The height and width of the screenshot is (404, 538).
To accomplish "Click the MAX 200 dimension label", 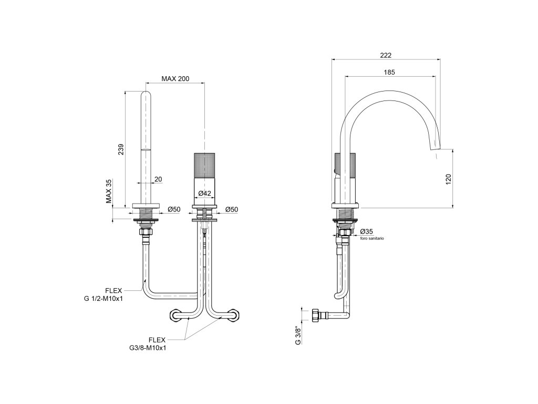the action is (x=175, y=78).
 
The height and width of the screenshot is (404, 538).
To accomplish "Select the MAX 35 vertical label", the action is (x=109, y=191).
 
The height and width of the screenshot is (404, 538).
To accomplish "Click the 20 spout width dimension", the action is (x=158, y=179).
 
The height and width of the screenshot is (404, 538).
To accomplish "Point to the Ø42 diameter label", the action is (x=204, y=194).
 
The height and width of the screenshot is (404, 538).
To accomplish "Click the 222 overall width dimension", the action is (x=386, y=55).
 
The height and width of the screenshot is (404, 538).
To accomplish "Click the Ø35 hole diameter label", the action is (x=367, y=231).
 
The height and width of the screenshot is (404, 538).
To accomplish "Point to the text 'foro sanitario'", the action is (x=372, y=238).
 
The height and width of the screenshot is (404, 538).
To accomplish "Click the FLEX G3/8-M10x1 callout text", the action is (x=151, y=344).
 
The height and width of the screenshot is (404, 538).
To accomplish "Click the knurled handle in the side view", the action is (x=347, y=166).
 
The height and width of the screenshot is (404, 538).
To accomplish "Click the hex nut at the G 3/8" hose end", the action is (x=316, y=316).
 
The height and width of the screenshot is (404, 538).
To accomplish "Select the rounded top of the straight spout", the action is (x=146, y=95).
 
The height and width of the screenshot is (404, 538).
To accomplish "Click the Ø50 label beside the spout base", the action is (x=174, y=209).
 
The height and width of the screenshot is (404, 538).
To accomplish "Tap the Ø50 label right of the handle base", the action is (x=231, y=209).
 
